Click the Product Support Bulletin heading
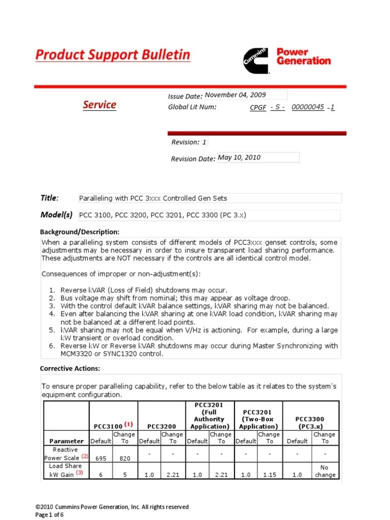pos(113,55)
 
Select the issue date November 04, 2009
pos(235,95)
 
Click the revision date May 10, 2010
pos(239,157)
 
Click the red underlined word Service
pos(100,105)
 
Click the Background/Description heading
pos(80,232)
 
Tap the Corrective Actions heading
pos(70,368)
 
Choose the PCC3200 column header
pos(161,426)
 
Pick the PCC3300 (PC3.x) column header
pos(309,423)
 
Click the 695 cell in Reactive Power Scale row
pos(101,458)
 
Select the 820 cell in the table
pos(124,458)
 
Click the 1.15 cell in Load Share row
pos(269,475)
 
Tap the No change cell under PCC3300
pos(325,471)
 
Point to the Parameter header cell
pos(66,441)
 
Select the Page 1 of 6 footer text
pos(50,514)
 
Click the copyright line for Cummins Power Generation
pos(112,507)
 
